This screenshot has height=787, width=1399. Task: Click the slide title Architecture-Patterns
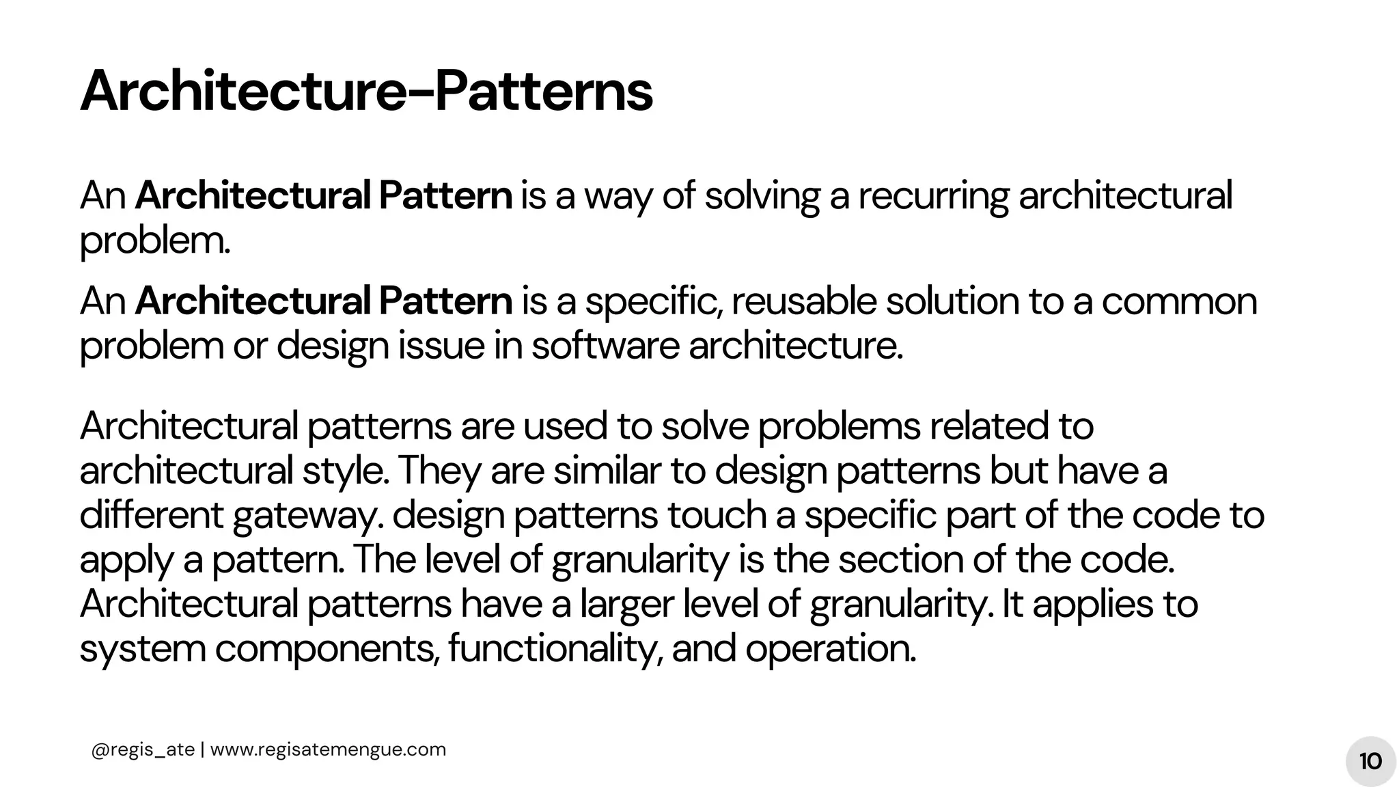click(366, 92)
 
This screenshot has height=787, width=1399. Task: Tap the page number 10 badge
click(1370, 761)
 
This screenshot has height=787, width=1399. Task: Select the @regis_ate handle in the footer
click(143, 749)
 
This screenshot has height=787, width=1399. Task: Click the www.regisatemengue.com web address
click(328, 749)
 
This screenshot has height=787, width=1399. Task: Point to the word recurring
click(933, 196)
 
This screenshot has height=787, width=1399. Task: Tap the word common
click(1179, 301)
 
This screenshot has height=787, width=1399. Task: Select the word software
click(605, 346)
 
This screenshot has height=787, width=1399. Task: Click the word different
click(151, 515)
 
